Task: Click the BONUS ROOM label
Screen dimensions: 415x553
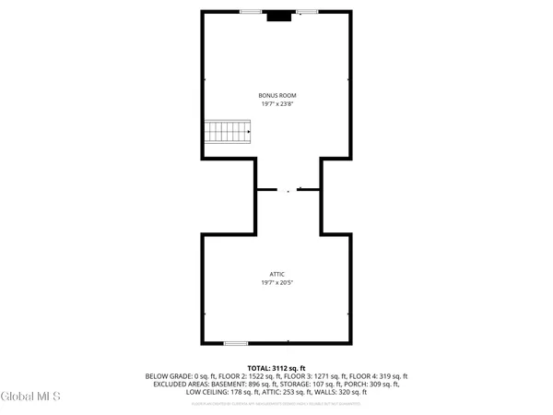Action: point(276,95)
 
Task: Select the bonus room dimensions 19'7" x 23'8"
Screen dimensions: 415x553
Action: point(276,104)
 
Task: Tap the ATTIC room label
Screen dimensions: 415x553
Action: point(276,274)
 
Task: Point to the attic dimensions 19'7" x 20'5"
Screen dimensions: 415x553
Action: point(276,283)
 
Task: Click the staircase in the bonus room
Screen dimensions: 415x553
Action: point(228,133)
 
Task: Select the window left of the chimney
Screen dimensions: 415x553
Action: point(249,12)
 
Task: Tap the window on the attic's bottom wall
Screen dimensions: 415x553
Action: point(236,343)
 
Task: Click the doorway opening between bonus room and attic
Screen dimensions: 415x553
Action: point(288,190)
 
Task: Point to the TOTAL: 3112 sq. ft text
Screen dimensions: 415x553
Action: point(276,368)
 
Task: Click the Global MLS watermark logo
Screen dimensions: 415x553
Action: point(32,397)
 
